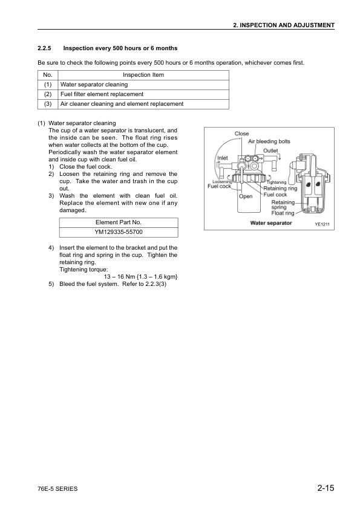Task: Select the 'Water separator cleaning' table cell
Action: (93, 85)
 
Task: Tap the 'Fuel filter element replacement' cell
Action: (101, 94)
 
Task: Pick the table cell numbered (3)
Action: (48, 104)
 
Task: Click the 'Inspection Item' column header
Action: (143, 75)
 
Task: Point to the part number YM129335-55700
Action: (119, 232)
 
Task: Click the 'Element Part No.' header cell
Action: (119, 222)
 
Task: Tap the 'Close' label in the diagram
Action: (241, 134)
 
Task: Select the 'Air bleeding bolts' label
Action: (269, 141)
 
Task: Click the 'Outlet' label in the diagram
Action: (270, 151)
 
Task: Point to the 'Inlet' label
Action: (222, 158)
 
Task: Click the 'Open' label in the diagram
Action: (246, 196)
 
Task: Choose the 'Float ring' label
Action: (283, 213)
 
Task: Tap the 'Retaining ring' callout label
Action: (280, 188)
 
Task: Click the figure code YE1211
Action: (324, 224)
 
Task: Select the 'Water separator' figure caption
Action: (271, 223)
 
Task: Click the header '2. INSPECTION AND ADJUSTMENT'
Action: (284, 25)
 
